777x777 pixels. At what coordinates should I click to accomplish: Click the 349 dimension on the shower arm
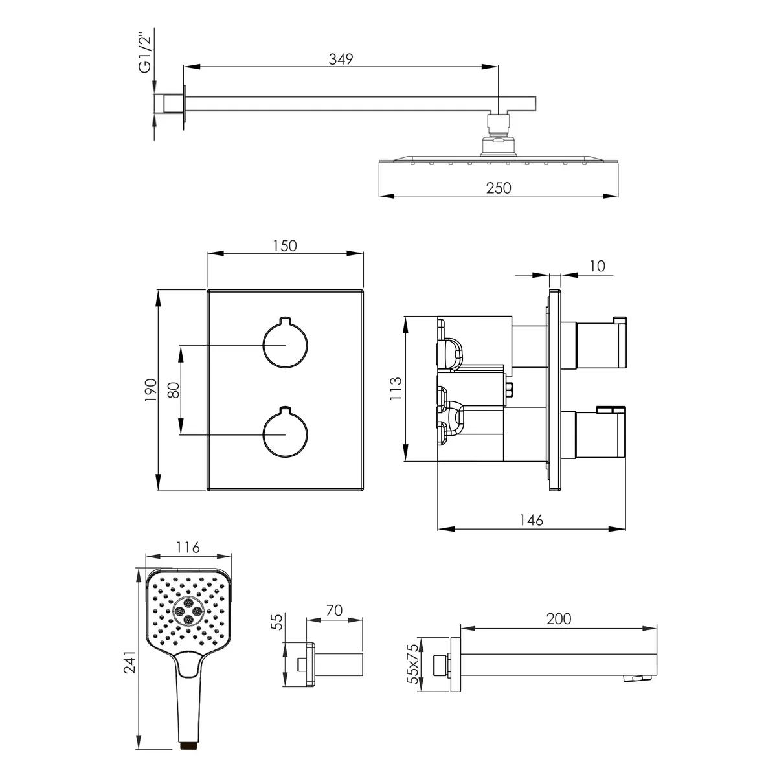pos(341,60)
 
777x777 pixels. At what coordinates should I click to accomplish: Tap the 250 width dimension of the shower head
pos(499,188)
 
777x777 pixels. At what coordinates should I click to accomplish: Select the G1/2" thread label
pos(144,54)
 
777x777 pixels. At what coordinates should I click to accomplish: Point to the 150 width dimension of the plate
pos(285,245)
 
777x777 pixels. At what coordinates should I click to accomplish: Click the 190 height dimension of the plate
pos(151,390)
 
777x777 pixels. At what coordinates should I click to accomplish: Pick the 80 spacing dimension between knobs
pos(174,390)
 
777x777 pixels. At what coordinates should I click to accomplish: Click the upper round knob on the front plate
pos(285,344)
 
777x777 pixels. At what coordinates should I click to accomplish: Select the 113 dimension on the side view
pos(396,388)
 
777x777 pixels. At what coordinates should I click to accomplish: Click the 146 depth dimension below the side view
pos(531,520)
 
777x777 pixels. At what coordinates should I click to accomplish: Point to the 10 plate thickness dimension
pos(597,266)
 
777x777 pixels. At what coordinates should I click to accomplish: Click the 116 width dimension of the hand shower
pos(188,547)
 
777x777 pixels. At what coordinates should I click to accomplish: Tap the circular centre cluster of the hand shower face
pos(188,611)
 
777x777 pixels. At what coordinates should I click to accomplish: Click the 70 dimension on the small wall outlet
pos(334,611)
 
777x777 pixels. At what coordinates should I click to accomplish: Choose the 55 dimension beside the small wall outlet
pos(277,622)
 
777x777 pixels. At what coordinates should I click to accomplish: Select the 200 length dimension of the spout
pos(558,618)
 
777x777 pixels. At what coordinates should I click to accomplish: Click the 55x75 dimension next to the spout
pos(412,664)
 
